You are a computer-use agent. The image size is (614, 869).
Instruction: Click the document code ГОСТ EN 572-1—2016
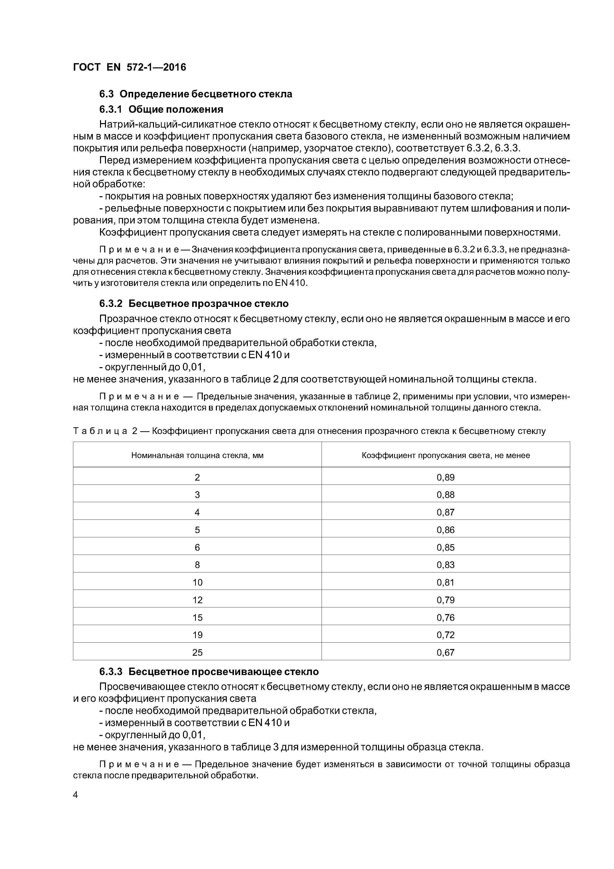[x=129, y=67]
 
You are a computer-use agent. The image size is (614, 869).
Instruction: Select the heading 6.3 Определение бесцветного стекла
[x=196, y=94]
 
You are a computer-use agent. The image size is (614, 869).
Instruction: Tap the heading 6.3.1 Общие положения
[x=161, y=109]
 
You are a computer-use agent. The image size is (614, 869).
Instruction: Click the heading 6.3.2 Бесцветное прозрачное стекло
[x=194, y=303]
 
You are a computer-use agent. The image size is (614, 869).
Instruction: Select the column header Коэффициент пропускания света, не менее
[x=446, y=455]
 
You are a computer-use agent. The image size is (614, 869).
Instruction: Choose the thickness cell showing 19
[x=198, y=635]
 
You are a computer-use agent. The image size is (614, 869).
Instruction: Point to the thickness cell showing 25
[x=198, y=652]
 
